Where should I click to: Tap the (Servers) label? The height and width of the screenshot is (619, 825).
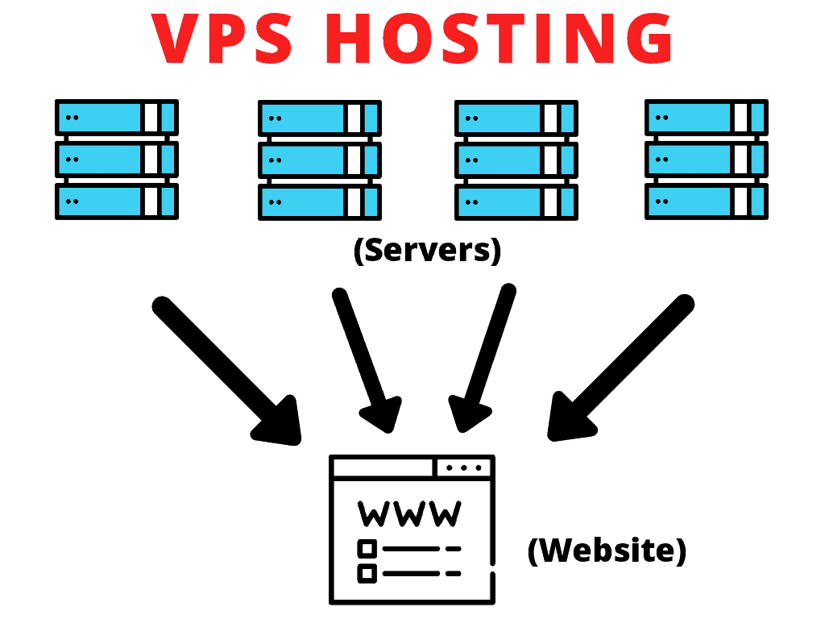427,251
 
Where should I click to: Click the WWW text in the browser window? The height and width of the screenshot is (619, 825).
410,513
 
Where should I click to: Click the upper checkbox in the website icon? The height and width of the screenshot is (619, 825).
367,549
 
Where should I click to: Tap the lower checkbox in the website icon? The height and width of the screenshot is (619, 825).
367,574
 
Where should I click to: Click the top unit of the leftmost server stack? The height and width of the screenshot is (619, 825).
116,118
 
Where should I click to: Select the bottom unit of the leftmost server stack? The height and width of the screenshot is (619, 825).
116,201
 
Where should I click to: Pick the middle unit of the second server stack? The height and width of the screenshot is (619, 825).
319,160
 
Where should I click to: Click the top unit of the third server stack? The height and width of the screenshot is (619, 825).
516,118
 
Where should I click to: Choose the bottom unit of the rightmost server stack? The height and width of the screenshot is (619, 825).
706,201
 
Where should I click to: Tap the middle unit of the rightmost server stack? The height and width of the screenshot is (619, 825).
706,160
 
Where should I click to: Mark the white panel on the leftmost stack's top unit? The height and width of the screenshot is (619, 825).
151,118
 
